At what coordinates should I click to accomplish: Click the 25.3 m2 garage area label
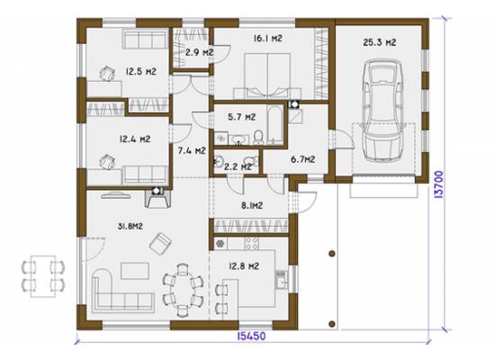tap(380, 42)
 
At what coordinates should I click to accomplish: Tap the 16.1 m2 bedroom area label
tap(267, 39)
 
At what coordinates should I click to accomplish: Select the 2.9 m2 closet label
tap(199, 52)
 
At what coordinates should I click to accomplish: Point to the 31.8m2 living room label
tap(130, 226)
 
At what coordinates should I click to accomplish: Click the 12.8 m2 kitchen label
tap(244, 266)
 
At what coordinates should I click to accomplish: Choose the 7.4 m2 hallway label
tap(192, 150)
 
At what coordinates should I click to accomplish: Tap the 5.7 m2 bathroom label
tap(242, 117)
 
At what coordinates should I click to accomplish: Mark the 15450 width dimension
tap(251, 336)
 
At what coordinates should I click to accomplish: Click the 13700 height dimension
tap(439, 184)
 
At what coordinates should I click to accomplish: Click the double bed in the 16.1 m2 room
tap(267, 76)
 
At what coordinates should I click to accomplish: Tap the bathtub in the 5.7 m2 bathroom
tap(275, 125)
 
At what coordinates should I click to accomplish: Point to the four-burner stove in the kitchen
tap(252, 244)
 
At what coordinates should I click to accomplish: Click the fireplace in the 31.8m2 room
tap(157, 198)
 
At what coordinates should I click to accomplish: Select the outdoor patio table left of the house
tap(43, 276)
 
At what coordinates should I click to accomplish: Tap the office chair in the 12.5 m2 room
tap(107, 74)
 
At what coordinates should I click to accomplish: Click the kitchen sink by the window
tap(282, 279)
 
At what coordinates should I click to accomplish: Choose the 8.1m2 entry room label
tap(252, 206)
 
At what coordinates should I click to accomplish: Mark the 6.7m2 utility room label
tap(302, 159)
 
